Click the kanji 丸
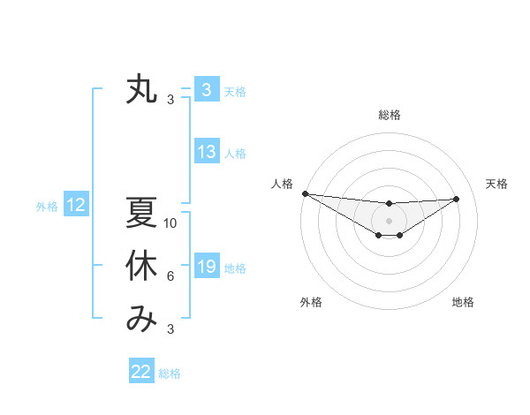(141, 90)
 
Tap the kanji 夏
(141, 213)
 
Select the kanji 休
(141, 267)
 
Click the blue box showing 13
(207, 152)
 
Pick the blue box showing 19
(207, 267)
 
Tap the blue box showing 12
(76, 206)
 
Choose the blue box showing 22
(141, 372)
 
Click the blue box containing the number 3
(207, 90)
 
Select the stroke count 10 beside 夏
(170, 223)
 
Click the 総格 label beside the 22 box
(170, 373)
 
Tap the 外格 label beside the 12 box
(47, 207)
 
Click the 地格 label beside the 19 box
(236, 268)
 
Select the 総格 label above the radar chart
(389, 115)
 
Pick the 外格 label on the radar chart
(311, 302)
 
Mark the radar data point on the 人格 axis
(305, 193)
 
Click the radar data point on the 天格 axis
(457, 199)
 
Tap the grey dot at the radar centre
(389, 220)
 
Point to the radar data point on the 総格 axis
(389, 204)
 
